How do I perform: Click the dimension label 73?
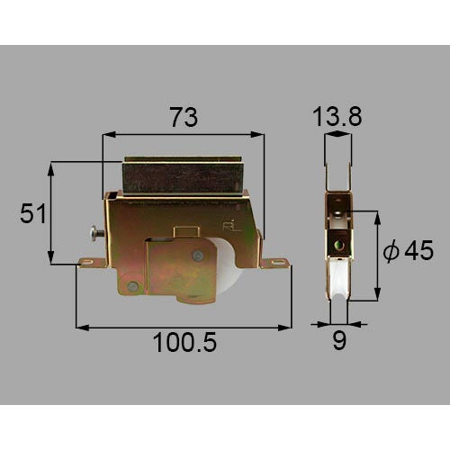[184, 117]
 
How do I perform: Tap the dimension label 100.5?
[184, 343]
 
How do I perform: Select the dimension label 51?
[33, 213]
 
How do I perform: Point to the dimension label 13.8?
[337, 116]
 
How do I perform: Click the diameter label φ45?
[409, 249]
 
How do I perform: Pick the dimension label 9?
[339, 340]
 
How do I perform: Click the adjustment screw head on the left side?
[93, 233]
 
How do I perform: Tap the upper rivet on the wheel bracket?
[198, 256]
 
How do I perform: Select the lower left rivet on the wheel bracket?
[132, 286]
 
